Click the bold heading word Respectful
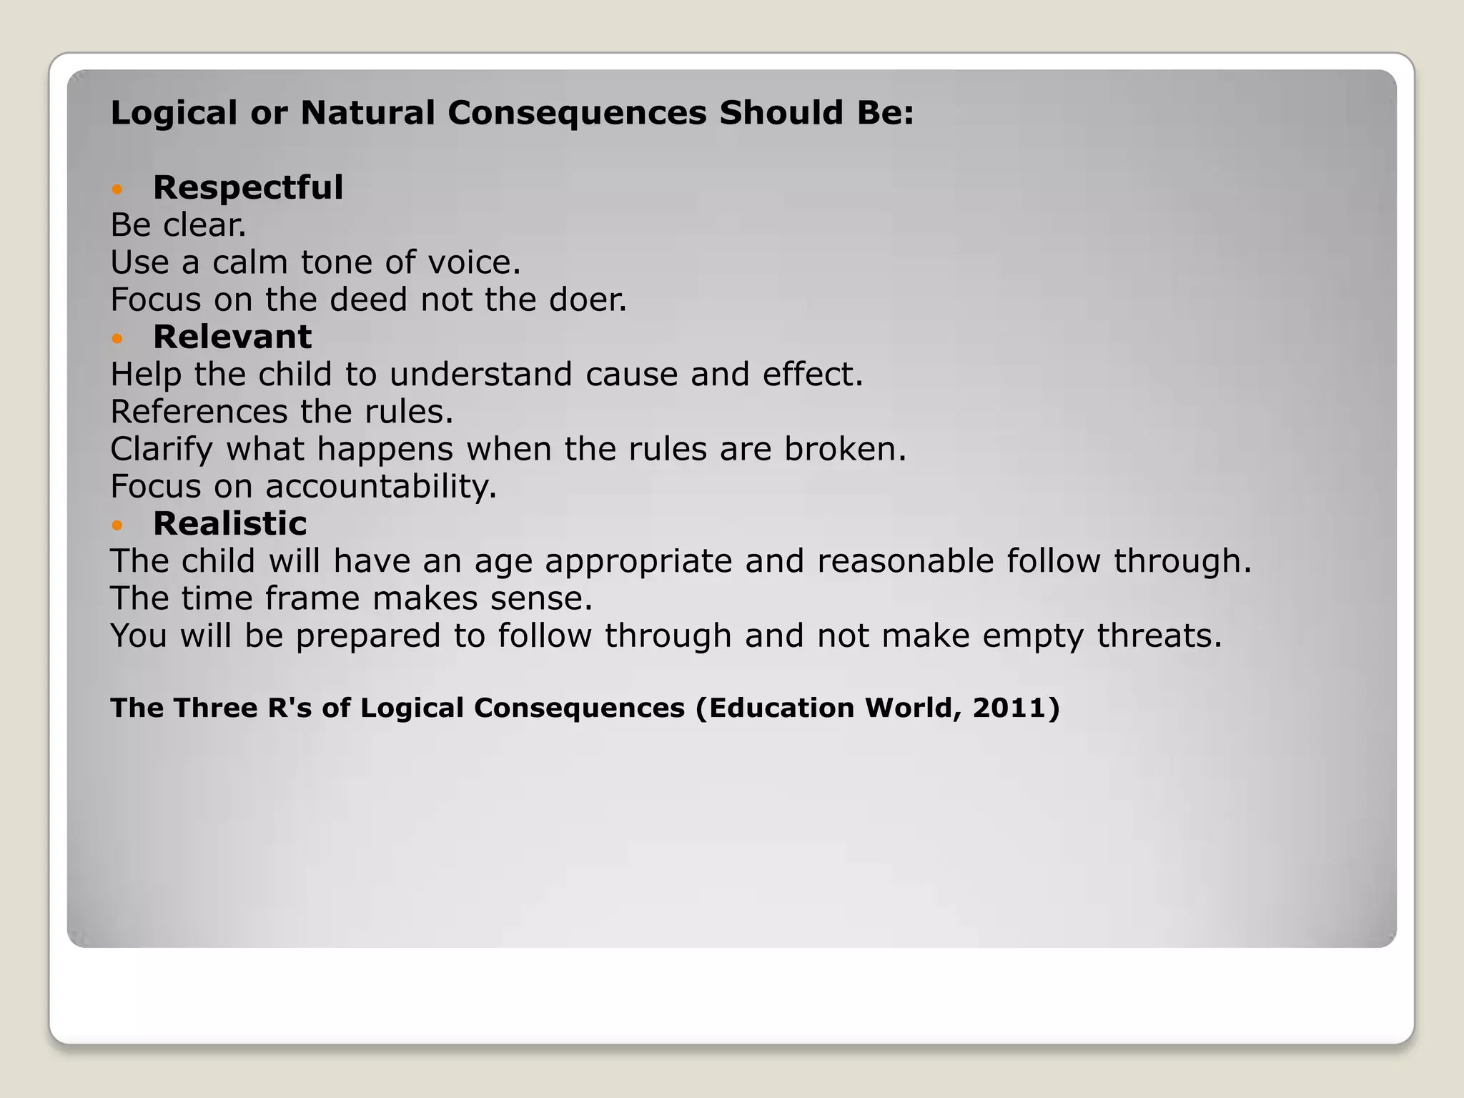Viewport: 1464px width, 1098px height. [248, 188]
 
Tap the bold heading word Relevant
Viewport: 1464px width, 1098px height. [232, 337]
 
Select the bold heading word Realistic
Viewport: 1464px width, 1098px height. [229, 524]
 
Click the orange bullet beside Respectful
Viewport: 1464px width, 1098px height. [118, 189]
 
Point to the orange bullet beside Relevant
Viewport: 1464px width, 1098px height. [118, 339]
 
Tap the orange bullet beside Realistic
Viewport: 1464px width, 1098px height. [118, 525]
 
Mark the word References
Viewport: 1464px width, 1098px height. [199, 412]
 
